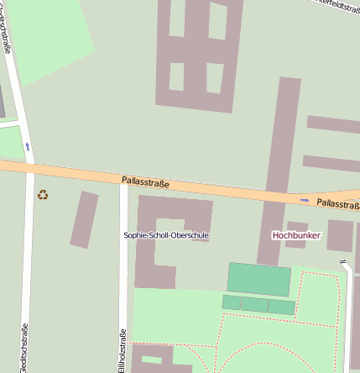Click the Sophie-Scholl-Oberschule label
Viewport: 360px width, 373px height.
click(x=165, y=235)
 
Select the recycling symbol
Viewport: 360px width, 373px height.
click(x=43, y=195)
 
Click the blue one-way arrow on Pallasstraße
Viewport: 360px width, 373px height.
click(x=305, y=200)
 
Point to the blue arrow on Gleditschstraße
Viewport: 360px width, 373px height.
click(x=28, y=146)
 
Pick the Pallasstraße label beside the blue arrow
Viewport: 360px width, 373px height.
click(x=338, y=203)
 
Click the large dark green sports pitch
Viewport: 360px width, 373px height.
click(x=259, y=279)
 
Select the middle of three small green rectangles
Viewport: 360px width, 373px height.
click(x=254, y=305)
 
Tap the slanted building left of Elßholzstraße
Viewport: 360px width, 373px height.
click(x=84, y=219)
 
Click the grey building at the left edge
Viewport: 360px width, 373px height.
click(x=2, y=100)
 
